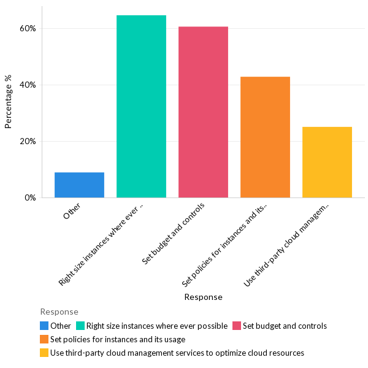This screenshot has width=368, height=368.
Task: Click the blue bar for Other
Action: (79, 185)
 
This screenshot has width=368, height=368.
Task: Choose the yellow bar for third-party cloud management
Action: (327, 162)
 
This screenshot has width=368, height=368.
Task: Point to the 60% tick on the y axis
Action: (28, 28)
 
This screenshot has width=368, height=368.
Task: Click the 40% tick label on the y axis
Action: (28, 85)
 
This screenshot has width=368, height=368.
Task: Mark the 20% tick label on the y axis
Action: (28, 141)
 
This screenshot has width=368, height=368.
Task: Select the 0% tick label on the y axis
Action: (31, 197)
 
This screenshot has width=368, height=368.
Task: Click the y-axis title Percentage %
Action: (9, 102)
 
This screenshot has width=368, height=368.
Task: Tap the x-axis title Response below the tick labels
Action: (203, 297)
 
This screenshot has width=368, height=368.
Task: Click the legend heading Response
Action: (59, 312)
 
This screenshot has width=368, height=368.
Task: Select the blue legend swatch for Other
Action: (44, 326)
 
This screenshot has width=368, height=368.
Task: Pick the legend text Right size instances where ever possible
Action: (157, 326)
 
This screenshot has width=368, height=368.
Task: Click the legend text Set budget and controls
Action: (285, 326)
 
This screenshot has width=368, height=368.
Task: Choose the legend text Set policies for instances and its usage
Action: (118, 339)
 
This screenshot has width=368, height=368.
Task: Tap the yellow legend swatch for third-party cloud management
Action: (44, 353)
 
